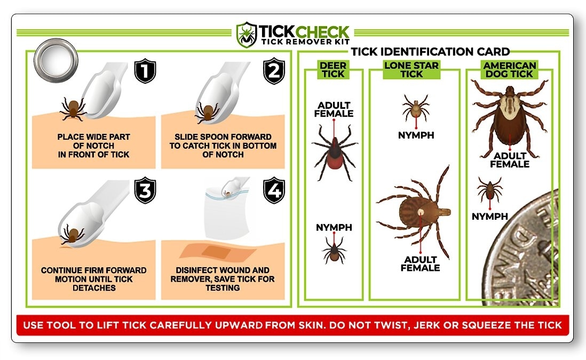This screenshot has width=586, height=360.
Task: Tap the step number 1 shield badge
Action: (x=145, y=70)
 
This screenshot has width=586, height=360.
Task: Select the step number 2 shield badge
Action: (x=274, y=70)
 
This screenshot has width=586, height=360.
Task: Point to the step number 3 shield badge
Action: (x=145, y=190)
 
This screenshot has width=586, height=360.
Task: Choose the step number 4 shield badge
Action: (x=274, y=190)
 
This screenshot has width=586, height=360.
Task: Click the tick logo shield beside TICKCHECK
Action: (x=247, y=35)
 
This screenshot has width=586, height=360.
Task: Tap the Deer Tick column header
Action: (x=334, y=69)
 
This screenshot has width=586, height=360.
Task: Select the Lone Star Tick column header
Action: (x=411, y=69)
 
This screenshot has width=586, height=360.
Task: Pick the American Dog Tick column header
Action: (x=509, y=69)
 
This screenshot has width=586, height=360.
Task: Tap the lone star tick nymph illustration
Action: (x=416, y=108)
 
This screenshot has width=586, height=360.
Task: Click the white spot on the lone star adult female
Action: (x=421, y=212)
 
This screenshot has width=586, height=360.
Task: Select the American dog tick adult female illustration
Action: (x=510, y=118)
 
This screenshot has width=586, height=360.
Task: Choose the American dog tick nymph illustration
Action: (x=489, y=189)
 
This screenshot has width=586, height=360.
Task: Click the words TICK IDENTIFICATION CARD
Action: (x=430, y=52)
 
